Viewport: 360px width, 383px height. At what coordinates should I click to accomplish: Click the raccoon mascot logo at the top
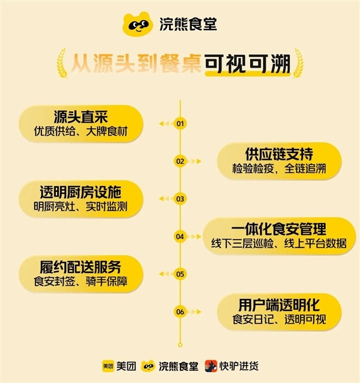137,24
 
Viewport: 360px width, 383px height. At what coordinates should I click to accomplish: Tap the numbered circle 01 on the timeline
180,124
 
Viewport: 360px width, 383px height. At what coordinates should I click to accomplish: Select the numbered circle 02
180,161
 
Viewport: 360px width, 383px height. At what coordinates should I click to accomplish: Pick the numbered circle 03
180,199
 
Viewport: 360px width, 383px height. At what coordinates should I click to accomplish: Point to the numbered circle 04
180,237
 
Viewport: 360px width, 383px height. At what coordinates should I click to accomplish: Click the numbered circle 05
180,274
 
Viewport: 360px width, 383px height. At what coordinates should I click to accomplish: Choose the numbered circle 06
180,312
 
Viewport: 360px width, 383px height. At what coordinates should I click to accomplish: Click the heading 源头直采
81,116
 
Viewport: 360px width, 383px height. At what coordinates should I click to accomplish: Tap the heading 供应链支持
279,154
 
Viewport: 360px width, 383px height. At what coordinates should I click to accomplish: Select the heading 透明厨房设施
80,192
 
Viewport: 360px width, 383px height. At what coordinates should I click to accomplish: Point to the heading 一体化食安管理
279,229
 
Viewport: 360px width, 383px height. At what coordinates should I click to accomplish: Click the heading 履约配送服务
80,267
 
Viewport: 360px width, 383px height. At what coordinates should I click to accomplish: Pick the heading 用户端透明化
279,305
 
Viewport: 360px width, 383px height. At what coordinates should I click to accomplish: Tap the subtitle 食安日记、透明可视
279,319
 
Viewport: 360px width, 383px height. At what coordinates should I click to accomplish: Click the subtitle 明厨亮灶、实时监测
80,207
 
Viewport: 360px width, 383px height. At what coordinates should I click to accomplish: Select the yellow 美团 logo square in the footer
108,366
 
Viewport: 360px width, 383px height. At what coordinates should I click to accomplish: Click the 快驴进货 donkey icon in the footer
211,366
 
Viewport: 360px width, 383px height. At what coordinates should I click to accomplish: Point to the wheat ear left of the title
62,64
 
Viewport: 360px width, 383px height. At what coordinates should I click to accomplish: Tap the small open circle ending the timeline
180,345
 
